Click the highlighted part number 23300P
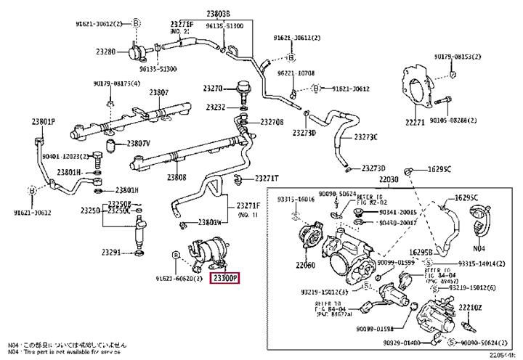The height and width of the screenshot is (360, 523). click(x=224, y=277)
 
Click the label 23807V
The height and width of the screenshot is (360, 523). click(x=138, y=143)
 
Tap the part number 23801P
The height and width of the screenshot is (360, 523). click(x=43, y=120)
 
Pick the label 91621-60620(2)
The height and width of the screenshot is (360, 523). click(x=177, y=277)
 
